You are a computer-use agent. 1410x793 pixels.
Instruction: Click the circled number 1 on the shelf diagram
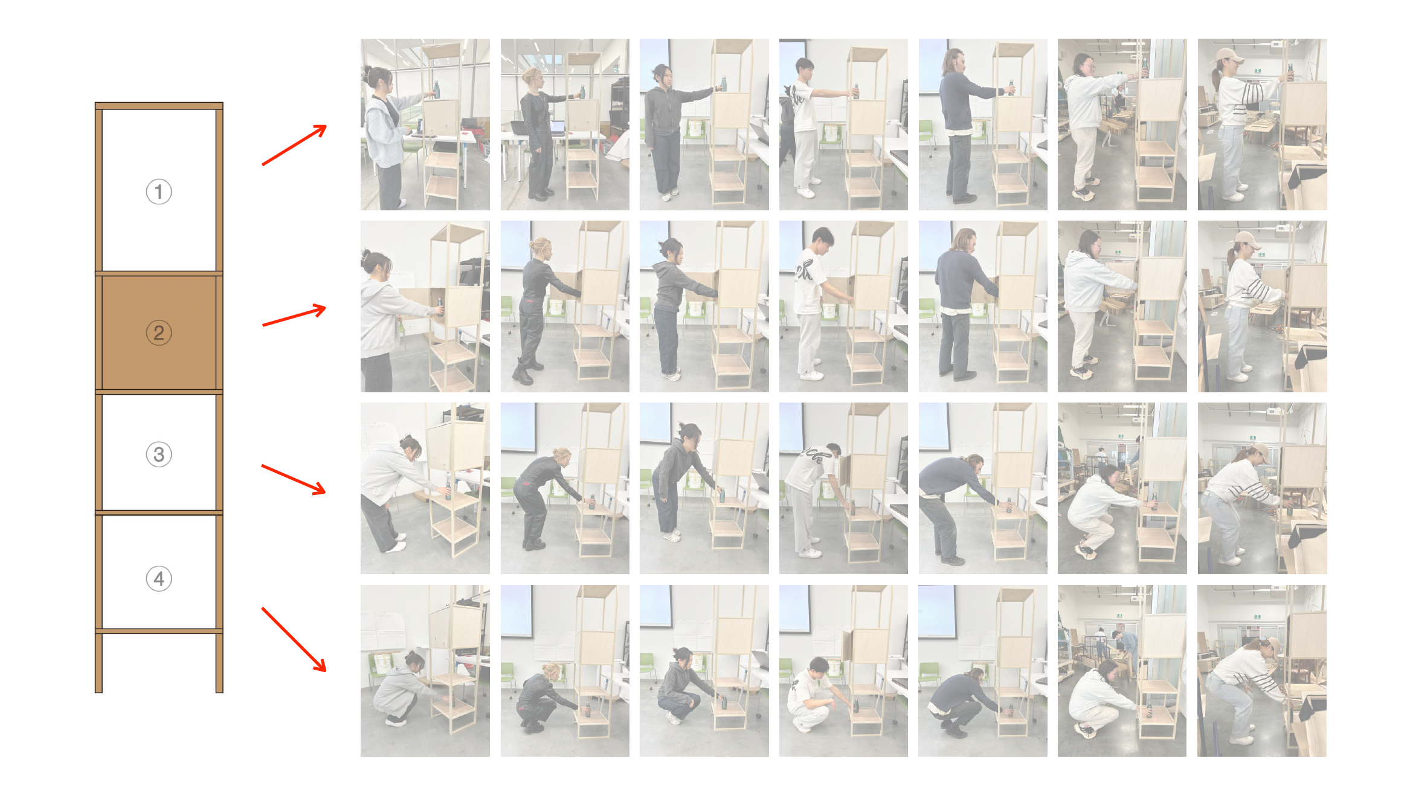tap(159, 192)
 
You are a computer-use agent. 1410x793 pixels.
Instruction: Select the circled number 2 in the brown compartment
tap(159, 332)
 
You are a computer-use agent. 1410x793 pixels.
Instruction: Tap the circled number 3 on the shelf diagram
tap(159, 455)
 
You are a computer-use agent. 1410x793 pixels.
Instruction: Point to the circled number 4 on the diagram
tap(159, 578)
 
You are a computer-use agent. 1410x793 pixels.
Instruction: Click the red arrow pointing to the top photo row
tap(294, 145)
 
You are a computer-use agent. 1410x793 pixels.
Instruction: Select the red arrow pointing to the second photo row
tap(294, 316)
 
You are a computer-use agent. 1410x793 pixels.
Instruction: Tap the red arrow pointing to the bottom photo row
tap(294, 639)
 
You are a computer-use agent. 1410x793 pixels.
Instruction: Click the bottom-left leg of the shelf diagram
tap(98, 662)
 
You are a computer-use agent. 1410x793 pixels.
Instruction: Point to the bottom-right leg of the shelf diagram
tap(219, 662)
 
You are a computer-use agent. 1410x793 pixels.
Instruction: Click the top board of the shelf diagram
tap(159, 106)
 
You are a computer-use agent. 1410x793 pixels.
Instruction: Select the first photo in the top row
tap(425, 125)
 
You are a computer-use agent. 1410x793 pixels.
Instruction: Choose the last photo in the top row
tap(1262, 125)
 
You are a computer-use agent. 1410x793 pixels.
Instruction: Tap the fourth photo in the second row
tap(843, 306)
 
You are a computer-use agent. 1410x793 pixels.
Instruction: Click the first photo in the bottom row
tap(425, 670)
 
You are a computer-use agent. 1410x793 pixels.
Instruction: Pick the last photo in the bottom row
tap(1262, 670)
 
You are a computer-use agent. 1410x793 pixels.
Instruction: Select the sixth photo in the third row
tap(1122, 488)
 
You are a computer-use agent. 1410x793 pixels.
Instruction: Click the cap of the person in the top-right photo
tap(1230, 56)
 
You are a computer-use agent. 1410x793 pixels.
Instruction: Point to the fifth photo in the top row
tap(983, 125)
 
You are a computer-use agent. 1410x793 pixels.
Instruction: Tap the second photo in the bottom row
tap(565, 670)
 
